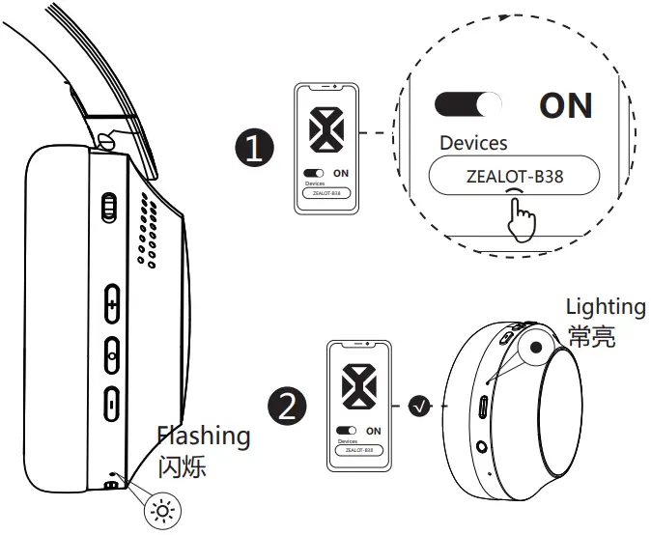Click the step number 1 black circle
click(254, 150)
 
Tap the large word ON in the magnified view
click(565, 105)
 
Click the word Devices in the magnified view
click(473, 143)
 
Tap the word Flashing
click(204, 436)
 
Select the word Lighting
click(605, 307)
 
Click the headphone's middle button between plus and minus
click(111, 352)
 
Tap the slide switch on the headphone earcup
click(109, 207)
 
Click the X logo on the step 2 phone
click(358, 386)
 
